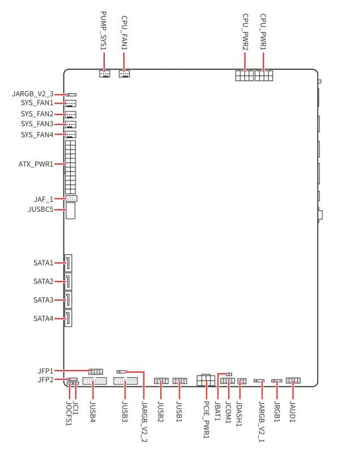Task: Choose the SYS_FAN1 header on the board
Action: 71,104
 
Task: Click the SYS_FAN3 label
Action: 37,124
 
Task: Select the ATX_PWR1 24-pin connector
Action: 70,165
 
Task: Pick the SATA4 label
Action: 44,319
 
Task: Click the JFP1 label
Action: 45,371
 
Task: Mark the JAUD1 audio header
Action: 293,381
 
